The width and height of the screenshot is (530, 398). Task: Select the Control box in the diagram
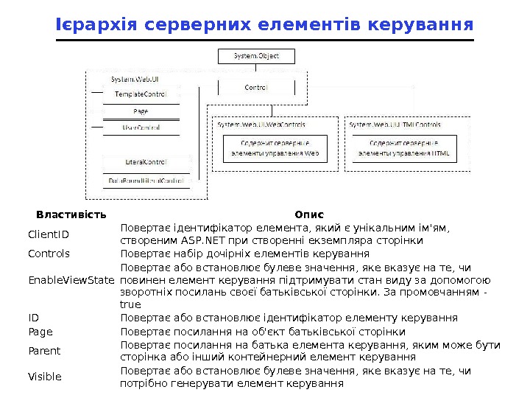(x=255, y=87)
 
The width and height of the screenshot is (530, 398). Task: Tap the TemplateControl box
(x=141, y=94)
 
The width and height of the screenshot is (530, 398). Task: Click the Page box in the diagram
(x=141, y=111)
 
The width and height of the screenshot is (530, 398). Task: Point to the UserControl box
(x=141, y=128)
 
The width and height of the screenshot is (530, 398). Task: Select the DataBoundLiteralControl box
(x=146, y=180)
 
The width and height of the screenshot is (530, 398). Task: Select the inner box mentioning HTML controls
(x=403, y=148)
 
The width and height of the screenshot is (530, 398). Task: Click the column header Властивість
(x=71, y=214)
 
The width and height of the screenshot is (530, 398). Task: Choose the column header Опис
(x=309, y=214)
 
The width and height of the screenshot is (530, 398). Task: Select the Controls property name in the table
(x=49, y=254)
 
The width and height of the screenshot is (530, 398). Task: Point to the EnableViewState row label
(x=71, y=280)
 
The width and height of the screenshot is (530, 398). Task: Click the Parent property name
(x=44, y=351)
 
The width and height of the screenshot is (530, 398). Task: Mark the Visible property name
(x=45, y=377)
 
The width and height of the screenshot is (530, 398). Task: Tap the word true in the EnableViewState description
(x=130, y=304)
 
